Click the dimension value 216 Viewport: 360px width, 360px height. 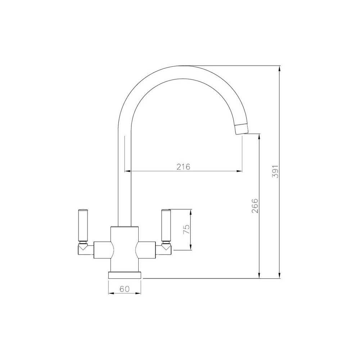tap(183, 166)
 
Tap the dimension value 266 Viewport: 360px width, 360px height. tap(255, 206)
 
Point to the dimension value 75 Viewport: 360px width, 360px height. tap(186, 230)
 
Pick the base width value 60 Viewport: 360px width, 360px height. tap(124, 288)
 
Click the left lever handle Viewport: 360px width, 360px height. tap(82, 225)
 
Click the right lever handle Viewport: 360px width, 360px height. tap(166, 225)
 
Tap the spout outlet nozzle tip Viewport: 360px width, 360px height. tap(241, 128)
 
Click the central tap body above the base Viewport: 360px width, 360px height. tap(125, 248)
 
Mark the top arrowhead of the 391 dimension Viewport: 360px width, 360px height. tap(279, 68)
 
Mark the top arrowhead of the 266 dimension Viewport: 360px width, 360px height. tap(258, 136)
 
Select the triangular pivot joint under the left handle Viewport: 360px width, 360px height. tap(82, 247)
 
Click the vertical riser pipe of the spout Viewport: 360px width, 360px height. tap(125, 180)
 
